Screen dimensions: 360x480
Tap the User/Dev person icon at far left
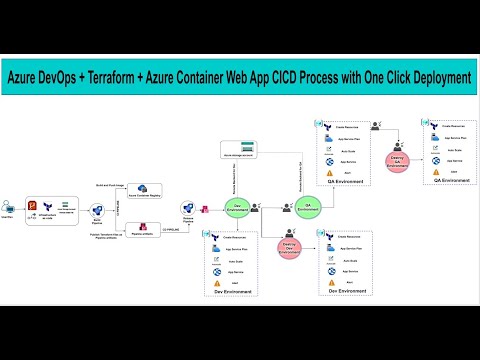[x=8, y=206]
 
